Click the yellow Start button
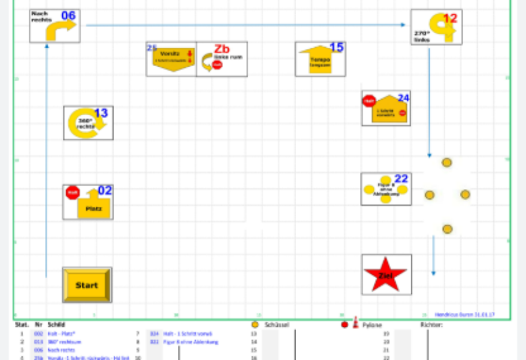pyautogui.click(x=87, y=284)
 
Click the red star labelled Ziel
pyautogui.click(x=386, y=275)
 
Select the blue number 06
pyautogui.click(x=68, y=16)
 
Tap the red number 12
pyautogui.click(x=450, y=18)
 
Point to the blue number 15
pyautogui.click(x=336, y=47)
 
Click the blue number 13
pyautogui.click(x=101, y=113)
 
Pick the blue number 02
pyautogui.click(x=105, y=191)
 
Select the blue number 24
pyautogui.click(x=403, y=98)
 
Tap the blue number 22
pyautogui.click(x=401, y=179)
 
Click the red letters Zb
pyautogui.click(x=222, y=49)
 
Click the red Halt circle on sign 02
pyautogui.click(x=73, y=193)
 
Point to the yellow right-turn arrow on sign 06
pyautogui.click(x=61, y=30)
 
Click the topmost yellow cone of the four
pyautogui.click(x=447, y=162)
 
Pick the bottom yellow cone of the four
pyautogui.click(x=447, y=229)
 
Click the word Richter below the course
pyautogui.click(x=431, y=325)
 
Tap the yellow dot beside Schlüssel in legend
pyautogui.click(x=254, y=325)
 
